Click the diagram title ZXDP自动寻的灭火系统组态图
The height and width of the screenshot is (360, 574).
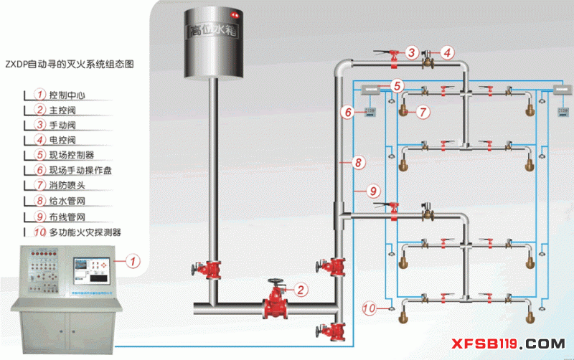pyautogui.click(x=79, y=64)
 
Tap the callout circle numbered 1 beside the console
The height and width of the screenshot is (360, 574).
pyautogui.click(x=132, y=260)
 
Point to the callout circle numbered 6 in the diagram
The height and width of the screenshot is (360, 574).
pyautogui.click(x=347, y=112)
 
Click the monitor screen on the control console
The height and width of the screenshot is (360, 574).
pyautogui.click(x=90, y=269)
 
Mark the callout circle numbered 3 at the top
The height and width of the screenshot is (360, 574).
pyautogui.click(x=411, y=52)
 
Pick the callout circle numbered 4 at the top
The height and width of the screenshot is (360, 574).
pyautogui.click(x=447, y=52)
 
